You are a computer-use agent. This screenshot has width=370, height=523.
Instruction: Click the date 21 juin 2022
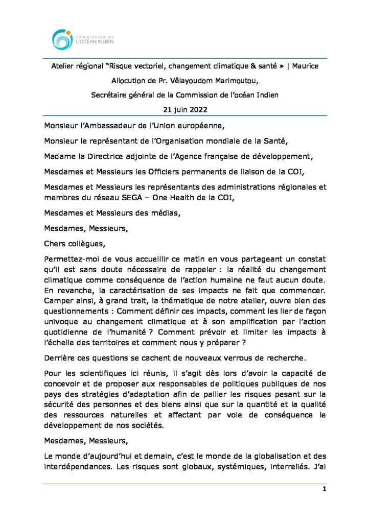184,109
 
